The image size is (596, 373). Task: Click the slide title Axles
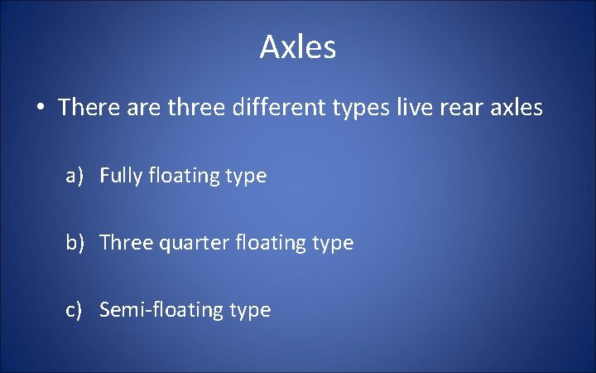(x=298, y=47)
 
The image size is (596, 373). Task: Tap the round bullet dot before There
(x=39, y=108)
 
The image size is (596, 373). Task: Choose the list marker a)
(x=76, y=176)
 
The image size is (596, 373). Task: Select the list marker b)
(x=76, y=244)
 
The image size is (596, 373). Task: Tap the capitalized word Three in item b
(x=123, y=243)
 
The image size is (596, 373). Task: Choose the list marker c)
(x=75, y=310)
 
